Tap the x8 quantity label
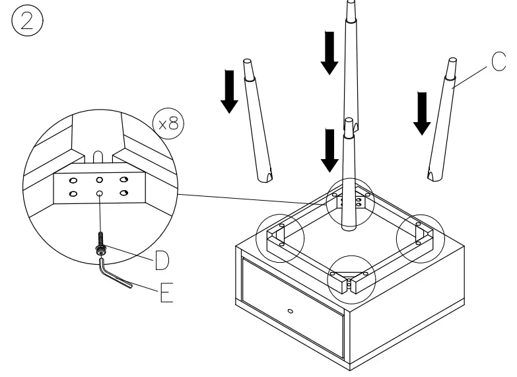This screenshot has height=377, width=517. tap(168, 123)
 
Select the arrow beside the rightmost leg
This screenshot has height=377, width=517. tap(420, 113)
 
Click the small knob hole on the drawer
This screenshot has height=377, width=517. tap(290, 309)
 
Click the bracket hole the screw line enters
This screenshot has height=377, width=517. tap(99, 193)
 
